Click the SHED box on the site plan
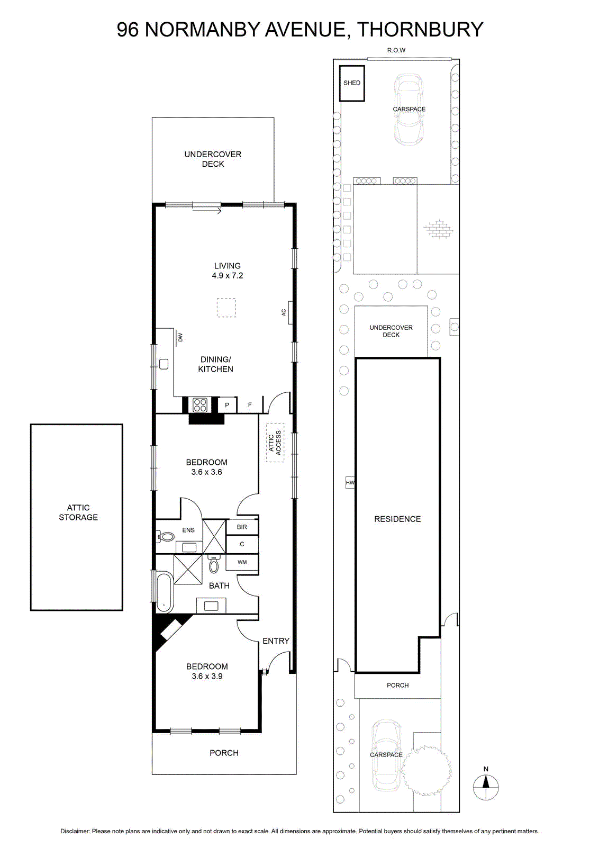click(351, 83)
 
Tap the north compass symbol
click(486, 787)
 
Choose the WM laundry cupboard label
click(242, 562)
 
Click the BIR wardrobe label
click(242, 527)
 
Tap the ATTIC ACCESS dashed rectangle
click(275, 442)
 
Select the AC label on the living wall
click(284, 312)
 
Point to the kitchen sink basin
click(164, 364)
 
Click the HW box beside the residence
click(350, 482)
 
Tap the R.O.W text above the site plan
click(396, 50)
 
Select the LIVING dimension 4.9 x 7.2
click(228, 276)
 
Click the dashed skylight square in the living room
click(226, 308)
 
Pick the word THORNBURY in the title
click(420, 30)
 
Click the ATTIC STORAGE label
click(78, 512)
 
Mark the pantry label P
click(227, 405)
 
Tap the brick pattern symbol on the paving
click(438, 229)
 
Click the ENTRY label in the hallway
click(276, 641)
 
